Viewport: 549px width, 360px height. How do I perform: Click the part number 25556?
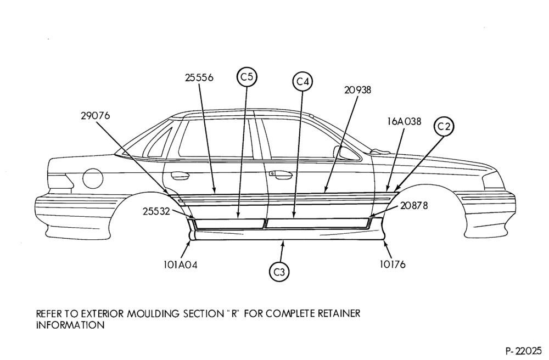coord(199,77)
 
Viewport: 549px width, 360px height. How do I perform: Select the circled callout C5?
coord(247,76)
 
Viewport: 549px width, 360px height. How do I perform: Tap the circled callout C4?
coord(302,81)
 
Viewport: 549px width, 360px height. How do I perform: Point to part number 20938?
coord(357,90)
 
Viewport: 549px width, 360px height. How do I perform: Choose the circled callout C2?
coord(444,126)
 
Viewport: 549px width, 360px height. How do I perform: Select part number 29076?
coord(95,115)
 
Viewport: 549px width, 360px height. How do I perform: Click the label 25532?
coord(156,211)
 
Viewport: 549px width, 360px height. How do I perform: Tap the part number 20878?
coord(414,205)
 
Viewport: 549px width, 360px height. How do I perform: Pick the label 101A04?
coord(180,265)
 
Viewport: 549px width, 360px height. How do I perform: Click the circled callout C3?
coord(279,272)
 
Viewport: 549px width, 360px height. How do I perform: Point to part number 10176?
coord(393,265)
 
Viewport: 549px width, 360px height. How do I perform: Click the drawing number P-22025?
coord(523,350)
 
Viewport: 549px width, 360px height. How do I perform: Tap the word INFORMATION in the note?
coord(70,325)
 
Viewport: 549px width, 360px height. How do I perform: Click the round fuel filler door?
coord(93,178)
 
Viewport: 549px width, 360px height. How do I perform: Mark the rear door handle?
coord(179,175)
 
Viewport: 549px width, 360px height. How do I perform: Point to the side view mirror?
coord(345,153)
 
